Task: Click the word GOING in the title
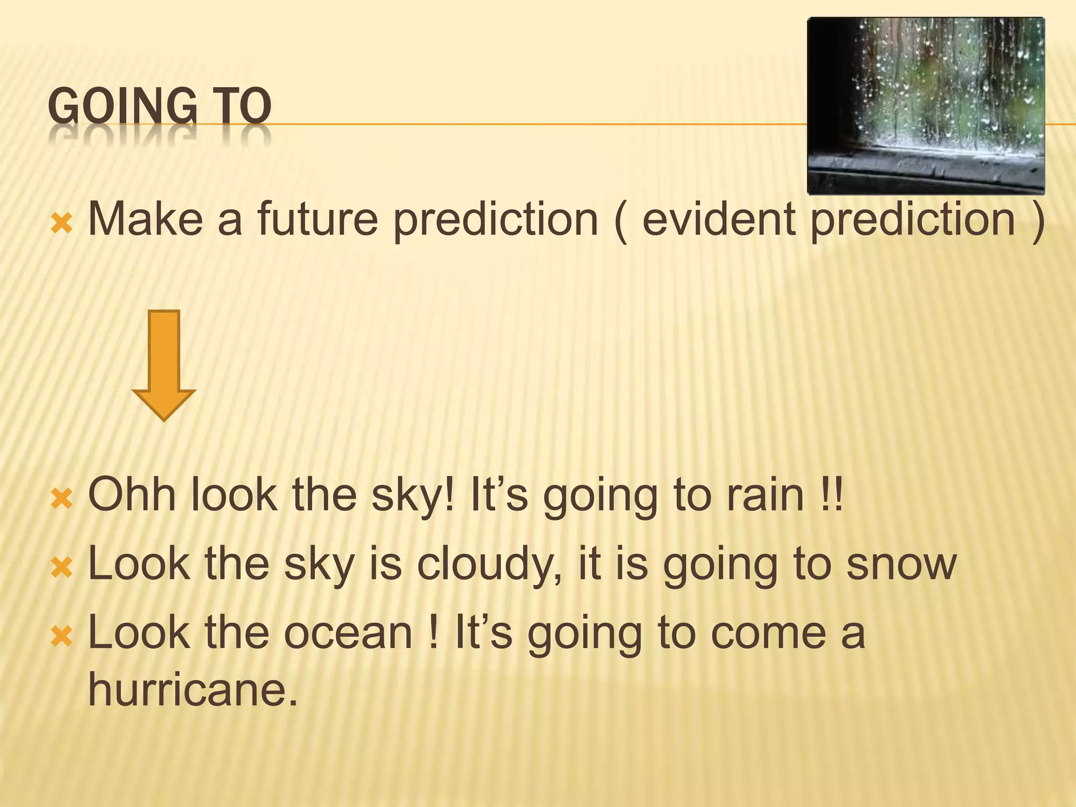point(122,107)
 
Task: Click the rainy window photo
point(926,106)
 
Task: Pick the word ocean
point(348,633)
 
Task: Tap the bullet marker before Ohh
point(61,500)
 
